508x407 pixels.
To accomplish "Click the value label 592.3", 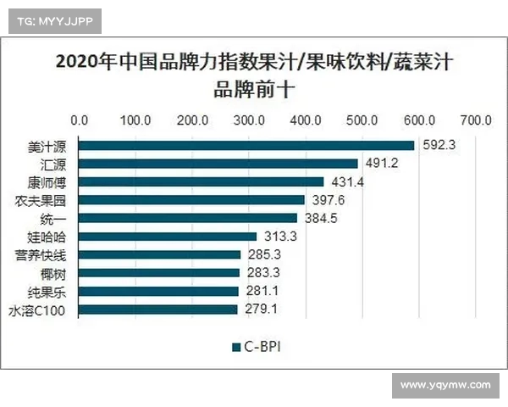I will [x=439, y=145].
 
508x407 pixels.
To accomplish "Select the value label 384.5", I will [x=321, y=218].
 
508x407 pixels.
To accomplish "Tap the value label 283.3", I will [x=263, y=273].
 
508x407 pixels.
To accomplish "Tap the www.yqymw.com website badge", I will [x=444, y=385].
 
